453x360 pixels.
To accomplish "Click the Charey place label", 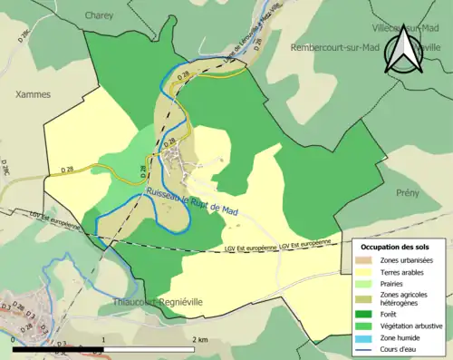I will (x=99, y=15).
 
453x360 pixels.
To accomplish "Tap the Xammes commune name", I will (x=33, y=93).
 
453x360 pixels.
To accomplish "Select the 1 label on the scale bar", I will (x=104, y=339).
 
